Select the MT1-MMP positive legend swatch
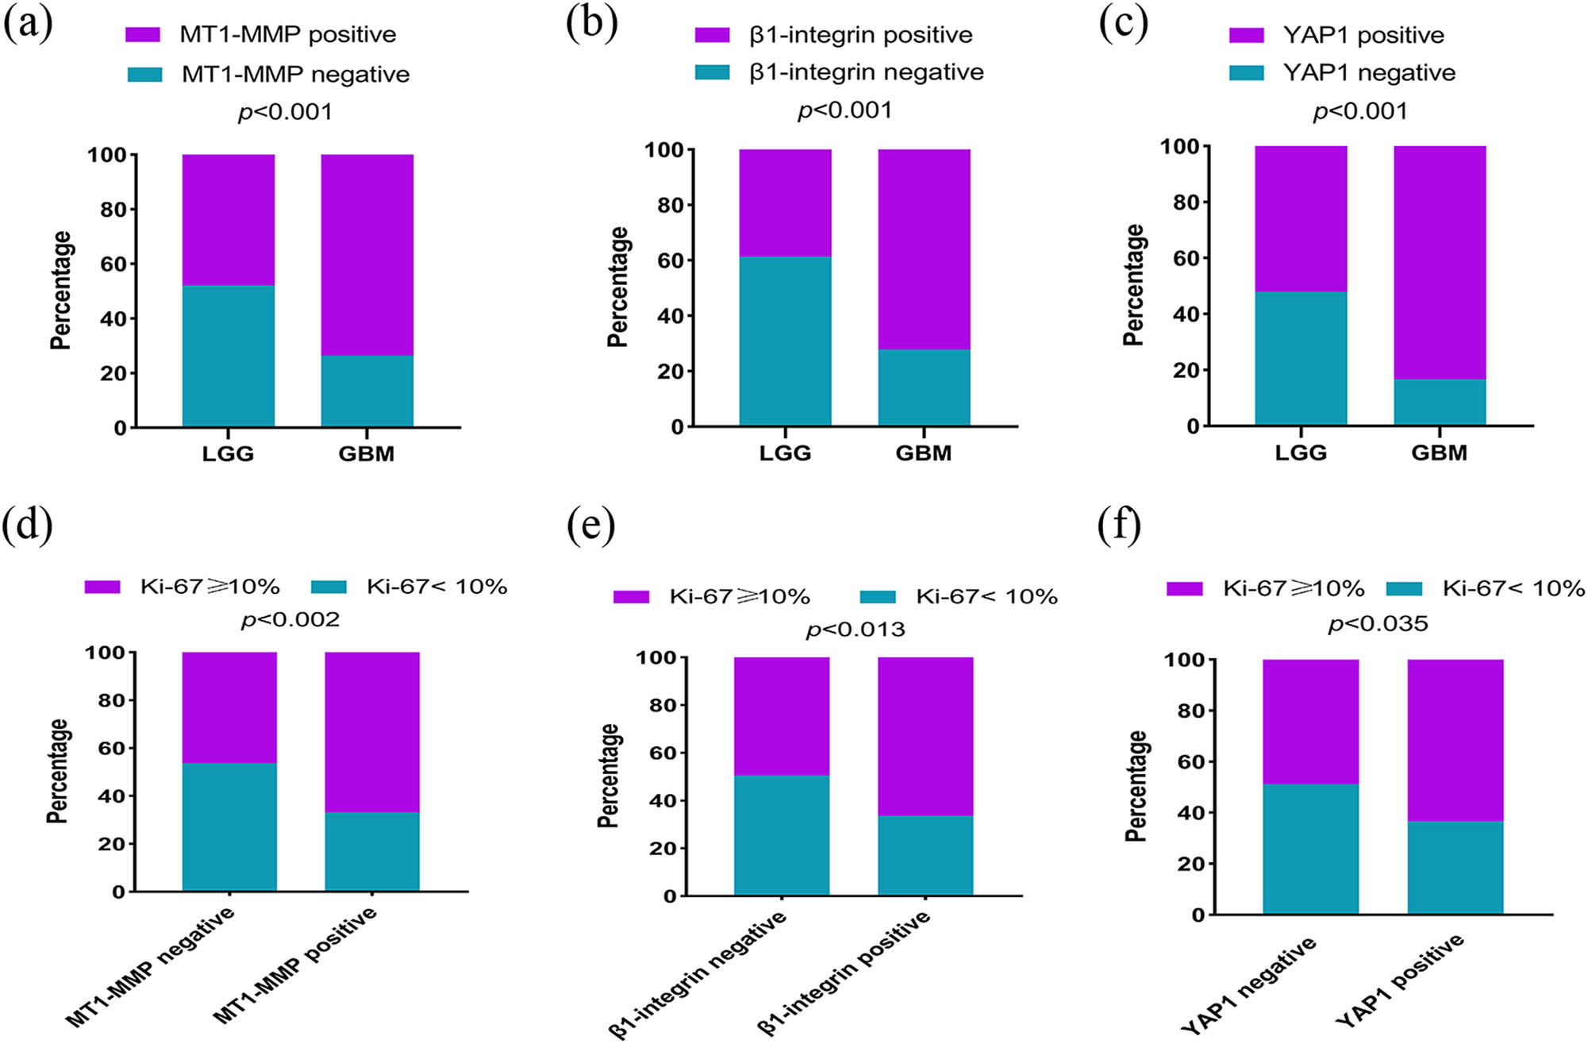143,35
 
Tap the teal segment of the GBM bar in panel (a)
367,391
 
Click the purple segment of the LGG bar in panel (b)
785,203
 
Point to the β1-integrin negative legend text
867,72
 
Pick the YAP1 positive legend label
1363,35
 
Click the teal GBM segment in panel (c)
1440,402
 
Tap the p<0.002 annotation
290,619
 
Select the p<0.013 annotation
856,630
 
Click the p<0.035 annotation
1378,624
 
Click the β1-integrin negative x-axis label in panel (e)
698,974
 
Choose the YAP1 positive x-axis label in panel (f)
1400,980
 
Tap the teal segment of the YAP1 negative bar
1310,849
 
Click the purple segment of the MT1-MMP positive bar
372,731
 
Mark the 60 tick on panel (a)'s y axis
113,264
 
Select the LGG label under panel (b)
785,453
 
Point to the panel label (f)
1120,526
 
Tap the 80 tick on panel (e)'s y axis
663,705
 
